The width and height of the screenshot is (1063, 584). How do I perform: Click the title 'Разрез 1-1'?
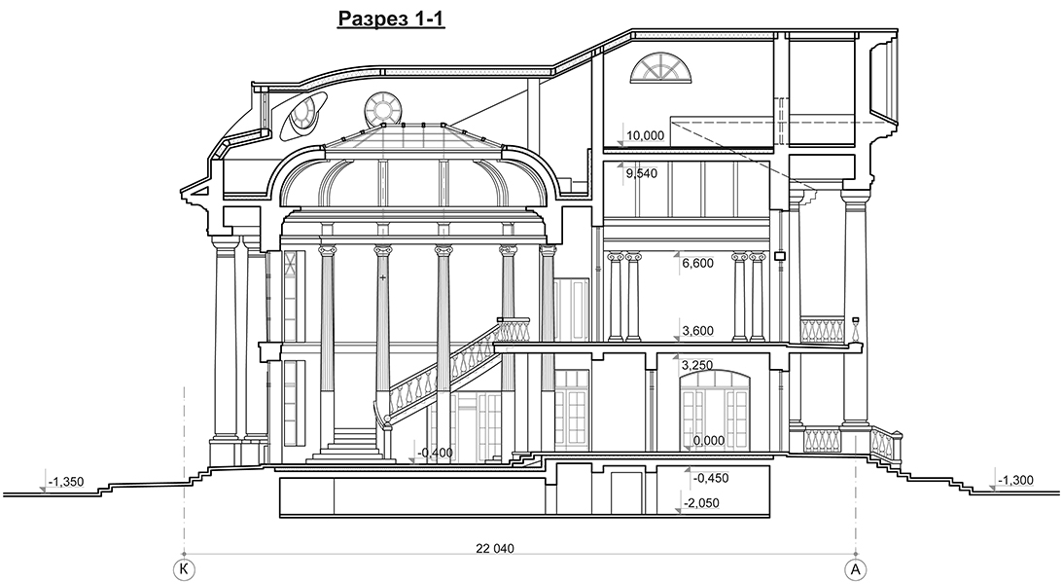point(391,18)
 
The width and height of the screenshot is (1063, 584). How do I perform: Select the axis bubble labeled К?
point(183,567)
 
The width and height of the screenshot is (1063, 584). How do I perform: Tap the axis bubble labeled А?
point(856,567)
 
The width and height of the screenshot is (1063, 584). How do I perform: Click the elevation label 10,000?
point(646,135)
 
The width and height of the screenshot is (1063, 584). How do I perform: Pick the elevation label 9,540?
point(641,173)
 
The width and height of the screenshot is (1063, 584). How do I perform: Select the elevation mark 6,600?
point(697,263)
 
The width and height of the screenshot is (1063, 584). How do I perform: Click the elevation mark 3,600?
point(697,331)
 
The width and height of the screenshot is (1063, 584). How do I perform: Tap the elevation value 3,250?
point(697,366)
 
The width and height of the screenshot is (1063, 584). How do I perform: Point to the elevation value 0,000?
point(708,441)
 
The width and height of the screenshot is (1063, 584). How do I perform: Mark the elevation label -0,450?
point(711,478)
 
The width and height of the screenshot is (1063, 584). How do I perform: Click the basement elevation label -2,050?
point(701,503)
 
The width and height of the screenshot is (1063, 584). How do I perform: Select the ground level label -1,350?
point(66,482)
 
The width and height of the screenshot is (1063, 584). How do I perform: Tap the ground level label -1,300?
point(1015,481)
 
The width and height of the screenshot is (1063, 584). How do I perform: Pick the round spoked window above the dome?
point(381,109)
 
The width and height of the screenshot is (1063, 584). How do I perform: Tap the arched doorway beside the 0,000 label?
point(715,410)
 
